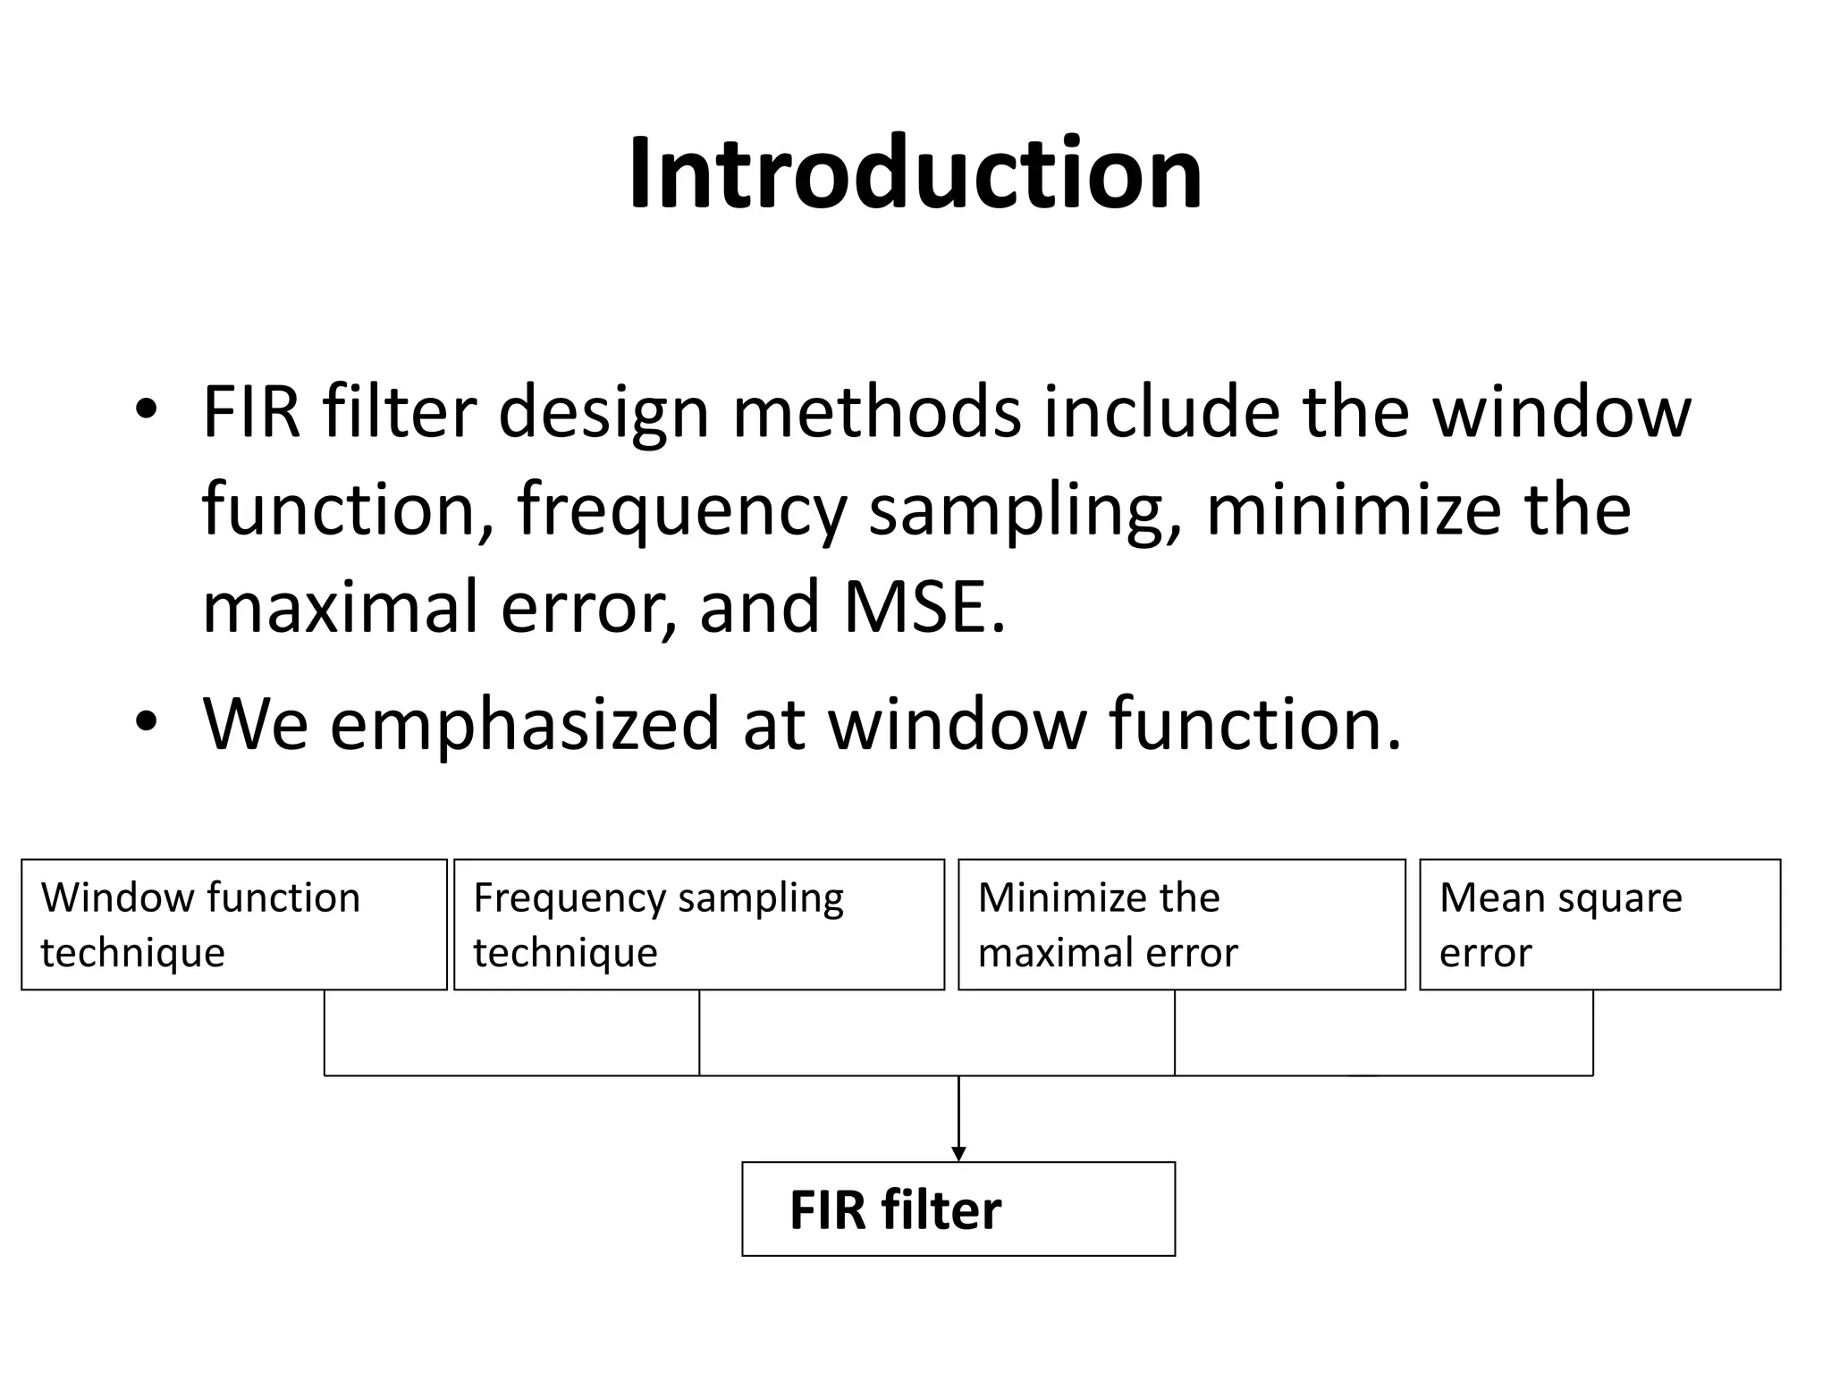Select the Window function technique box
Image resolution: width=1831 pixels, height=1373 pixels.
[x=233, y=924]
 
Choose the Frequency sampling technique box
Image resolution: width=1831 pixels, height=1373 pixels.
[x=698, y=924]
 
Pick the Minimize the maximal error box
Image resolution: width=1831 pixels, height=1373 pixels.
[x=1181, y=924]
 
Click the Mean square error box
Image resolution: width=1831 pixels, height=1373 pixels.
[x=1599, y=924]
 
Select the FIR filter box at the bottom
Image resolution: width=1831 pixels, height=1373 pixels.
[x=958, y=1209]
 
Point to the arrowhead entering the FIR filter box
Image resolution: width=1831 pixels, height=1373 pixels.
[x=958, y=1154]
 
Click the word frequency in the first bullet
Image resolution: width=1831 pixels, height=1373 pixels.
[x=680, y=510]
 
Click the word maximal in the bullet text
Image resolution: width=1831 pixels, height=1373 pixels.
[x=341, y=606]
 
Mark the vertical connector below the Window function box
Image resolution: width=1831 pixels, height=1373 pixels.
[x=324, y=1032]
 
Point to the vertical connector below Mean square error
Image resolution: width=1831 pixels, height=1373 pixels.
[x=1592, y=1032]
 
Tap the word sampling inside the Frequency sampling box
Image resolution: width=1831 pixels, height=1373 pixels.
[x=760, y=898]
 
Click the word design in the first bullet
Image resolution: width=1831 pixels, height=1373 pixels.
[x=603, y=412]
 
